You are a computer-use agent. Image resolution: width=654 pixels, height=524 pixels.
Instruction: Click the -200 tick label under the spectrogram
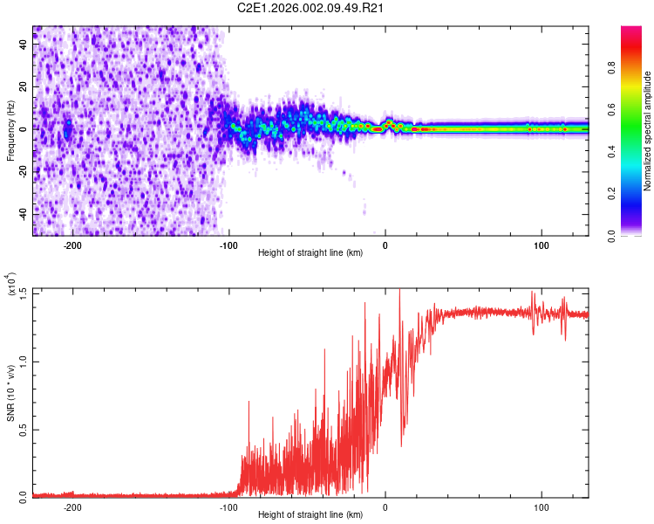click(72, 245)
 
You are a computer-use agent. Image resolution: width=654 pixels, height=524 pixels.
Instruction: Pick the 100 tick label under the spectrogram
click(542, 245)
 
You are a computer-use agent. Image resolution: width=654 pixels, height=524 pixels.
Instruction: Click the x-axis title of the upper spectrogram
click(311, 253)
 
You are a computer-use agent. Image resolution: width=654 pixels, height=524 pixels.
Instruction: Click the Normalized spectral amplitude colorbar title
click(648, 131)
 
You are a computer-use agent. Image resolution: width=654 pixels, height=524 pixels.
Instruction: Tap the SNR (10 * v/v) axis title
click(10, 393)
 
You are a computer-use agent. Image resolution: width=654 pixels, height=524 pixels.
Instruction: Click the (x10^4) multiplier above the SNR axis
click(10, 285)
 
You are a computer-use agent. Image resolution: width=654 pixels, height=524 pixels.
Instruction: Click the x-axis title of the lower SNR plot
click(311, 515)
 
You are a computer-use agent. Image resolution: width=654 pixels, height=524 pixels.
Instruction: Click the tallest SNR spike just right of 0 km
click(399, 291)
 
